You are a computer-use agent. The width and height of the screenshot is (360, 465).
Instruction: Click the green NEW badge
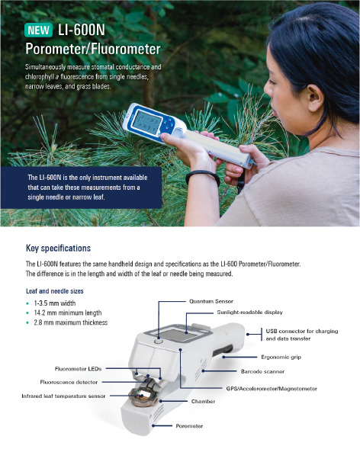point(39,30)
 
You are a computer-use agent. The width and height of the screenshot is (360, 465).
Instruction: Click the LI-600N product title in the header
point(82,30)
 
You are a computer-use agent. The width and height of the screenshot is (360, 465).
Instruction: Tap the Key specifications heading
point(58,249)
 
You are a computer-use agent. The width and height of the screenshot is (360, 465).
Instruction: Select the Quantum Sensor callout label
point(211,301)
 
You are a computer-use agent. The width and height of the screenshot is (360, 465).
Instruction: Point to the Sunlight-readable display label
point(249,313)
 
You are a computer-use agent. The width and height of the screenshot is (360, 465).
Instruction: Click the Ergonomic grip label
point(281,357)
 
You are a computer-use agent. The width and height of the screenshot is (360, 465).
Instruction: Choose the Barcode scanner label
point(262,371)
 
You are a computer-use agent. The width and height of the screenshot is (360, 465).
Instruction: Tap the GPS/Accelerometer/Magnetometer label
point(272,389)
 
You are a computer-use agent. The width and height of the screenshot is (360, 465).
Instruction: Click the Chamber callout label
point(204,401)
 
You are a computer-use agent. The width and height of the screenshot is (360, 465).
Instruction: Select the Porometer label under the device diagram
point(189,426)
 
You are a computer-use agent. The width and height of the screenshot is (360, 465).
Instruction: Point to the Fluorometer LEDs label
point(78,369)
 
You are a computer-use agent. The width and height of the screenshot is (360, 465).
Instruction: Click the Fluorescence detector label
point(69,382)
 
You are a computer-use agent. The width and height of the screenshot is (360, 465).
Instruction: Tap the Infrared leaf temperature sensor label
point(63,396)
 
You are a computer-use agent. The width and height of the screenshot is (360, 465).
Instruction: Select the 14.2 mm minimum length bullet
point(68,313)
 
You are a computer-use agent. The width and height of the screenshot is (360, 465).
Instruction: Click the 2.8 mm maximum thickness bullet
point(71,322)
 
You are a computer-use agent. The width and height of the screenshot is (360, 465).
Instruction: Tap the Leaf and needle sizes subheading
point(55,291)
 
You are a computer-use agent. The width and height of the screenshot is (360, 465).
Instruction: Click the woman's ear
point(315,97)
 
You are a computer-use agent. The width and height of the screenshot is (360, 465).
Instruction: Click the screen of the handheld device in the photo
point(146,123)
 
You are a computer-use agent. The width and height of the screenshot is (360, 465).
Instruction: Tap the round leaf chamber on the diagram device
point(143,396)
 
